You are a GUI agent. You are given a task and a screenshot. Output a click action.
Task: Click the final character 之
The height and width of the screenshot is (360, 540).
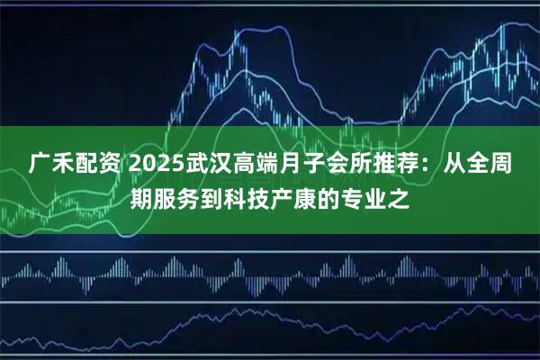point(400,198)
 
